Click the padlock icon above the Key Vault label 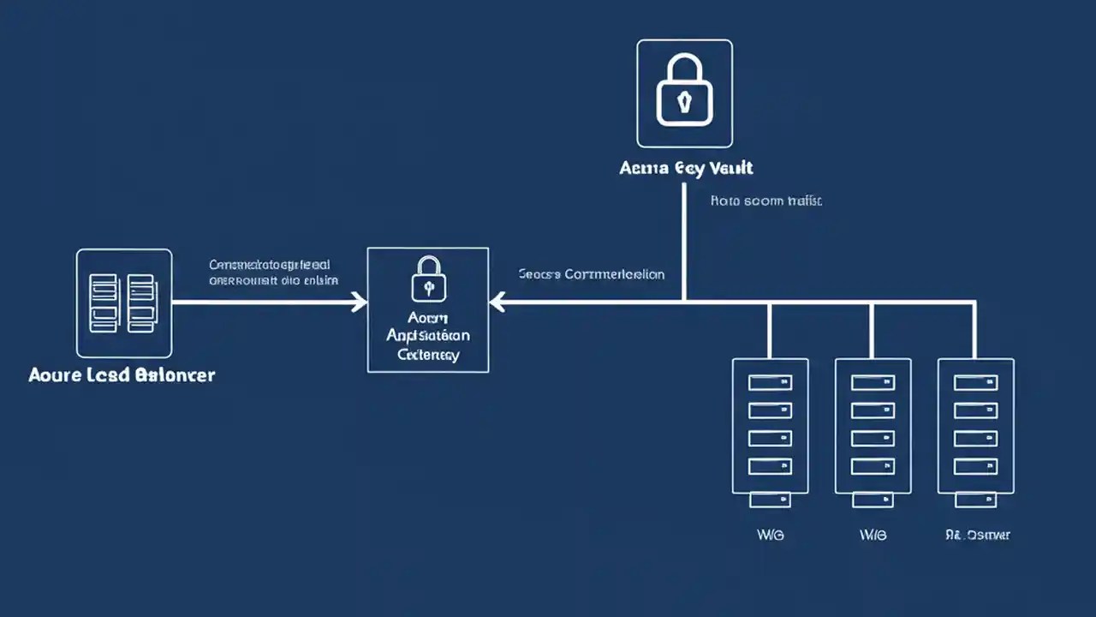[684, 91]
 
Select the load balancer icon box [124, 303]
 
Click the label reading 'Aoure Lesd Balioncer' [122, 375]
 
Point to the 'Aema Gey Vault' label [686, 168]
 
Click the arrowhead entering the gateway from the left [361, 302]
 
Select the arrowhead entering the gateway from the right [497, 302]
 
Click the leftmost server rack [770, 426]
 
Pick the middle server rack [873, 426]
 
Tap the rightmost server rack [975, 426]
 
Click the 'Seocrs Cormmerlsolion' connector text [591, 275]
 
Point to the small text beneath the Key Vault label [766, 201]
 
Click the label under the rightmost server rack [978, 535]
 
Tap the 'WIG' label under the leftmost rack [771, 535]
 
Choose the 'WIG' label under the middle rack [873, 535]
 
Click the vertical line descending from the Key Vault [684, 240]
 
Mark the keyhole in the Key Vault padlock [684, 104]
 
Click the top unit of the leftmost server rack [770, 382]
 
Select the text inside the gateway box [428, 334]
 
